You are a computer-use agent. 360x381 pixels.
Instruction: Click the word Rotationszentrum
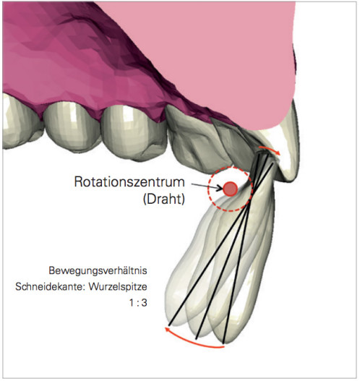[129, 181]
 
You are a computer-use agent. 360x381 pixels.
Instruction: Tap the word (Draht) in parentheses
[164, 200]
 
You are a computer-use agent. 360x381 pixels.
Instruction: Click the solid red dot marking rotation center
[231, 189]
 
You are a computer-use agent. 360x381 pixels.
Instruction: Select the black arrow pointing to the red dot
[207, 187]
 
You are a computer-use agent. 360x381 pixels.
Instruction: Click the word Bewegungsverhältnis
[98, 270]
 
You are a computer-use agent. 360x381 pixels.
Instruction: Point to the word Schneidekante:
[50, 286]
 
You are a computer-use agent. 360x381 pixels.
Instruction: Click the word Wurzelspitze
[118, 287]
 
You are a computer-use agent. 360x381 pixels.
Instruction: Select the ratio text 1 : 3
[138, 303]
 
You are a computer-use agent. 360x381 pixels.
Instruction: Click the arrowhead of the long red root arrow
[168, 330]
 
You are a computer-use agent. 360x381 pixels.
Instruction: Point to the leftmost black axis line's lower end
[169, 325]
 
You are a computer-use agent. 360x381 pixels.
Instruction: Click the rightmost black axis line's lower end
[223, 343]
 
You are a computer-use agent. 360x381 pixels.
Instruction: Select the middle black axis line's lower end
[197, 338]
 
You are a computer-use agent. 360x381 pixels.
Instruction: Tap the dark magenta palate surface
[73, 61]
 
